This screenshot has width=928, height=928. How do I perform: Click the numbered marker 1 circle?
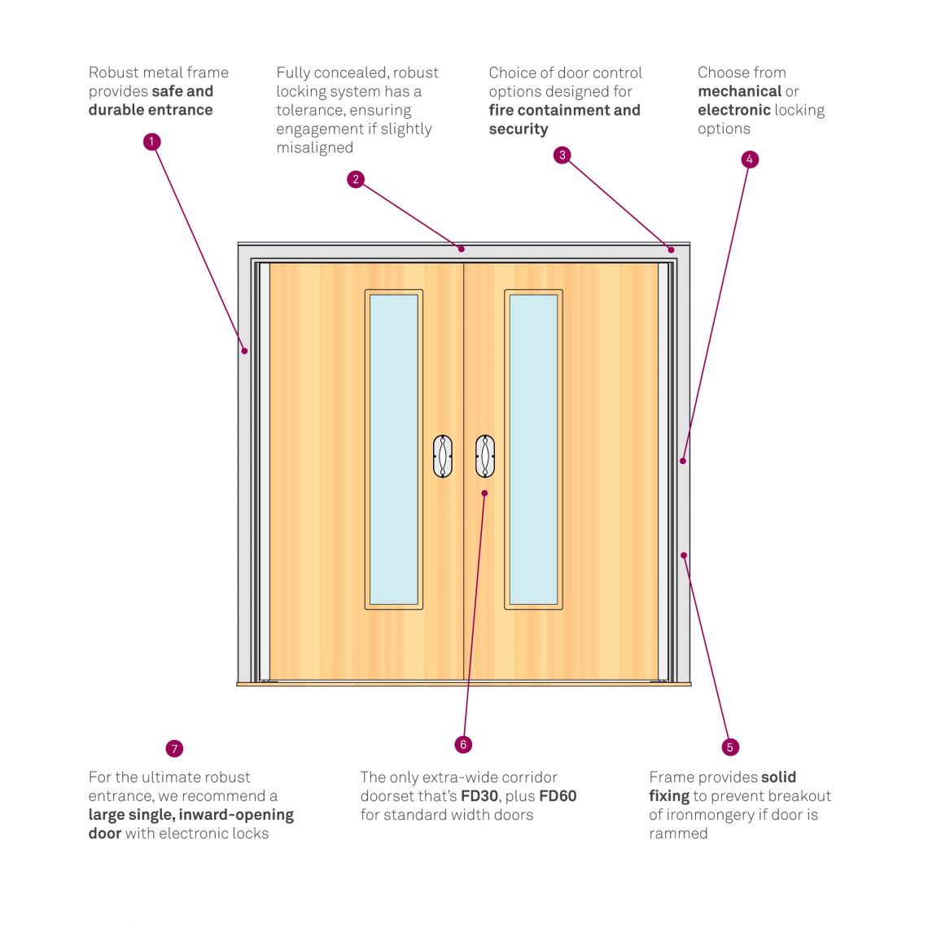click(151, 142)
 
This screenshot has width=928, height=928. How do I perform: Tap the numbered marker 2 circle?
click(355, 179)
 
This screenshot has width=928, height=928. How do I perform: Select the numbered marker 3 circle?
click(562, 155)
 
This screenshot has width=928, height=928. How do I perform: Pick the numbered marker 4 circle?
click(750, 160)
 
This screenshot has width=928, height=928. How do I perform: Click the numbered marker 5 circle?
click(729, 746)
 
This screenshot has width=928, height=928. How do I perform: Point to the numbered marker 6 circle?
click(463, 744)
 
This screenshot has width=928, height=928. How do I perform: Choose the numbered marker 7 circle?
click(174, 749)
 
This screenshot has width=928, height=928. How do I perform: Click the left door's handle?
click(443, 457)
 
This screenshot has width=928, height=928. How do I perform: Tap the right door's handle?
click(485, 457)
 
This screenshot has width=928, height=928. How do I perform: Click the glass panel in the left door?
click(394, 449)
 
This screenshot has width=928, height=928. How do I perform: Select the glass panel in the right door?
click(533, 449)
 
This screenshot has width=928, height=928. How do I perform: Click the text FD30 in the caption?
click(480, 796)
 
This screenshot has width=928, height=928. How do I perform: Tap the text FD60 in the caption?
click(558, 796)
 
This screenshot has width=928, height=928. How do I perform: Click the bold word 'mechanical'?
click(739, 91)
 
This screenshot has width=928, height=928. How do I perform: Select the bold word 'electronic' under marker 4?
click(733, 110)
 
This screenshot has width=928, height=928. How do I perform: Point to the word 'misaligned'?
click(314, 147)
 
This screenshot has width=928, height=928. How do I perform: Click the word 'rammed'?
click(678, 834)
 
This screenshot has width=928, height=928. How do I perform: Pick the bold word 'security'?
click(519, 129)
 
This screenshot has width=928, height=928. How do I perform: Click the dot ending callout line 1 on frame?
click(244, 351)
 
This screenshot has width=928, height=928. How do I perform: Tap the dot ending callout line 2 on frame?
click(461, 248)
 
